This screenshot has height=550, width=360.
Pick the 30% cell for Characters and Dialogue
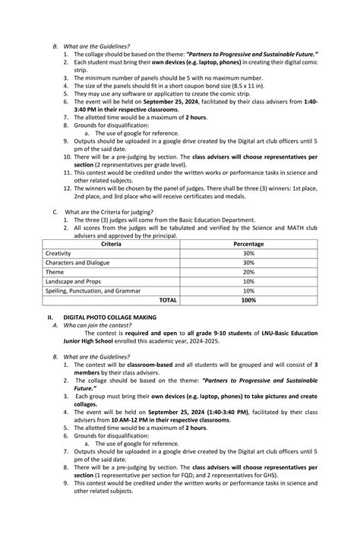tap(248, 262)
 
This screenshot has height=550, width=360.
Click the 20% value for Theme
tap(248, 272)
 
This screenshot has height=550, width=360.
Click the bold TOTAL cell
tap(167, 300)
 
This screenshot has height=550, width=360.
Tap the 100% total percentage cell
tap(248, 300)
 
